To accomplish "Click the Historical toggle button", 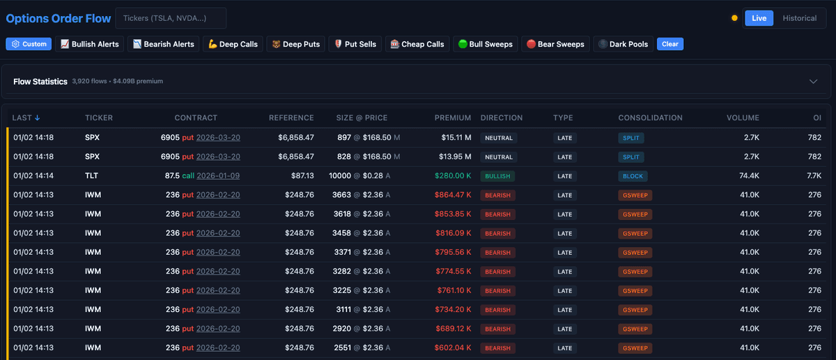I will click(799, 18).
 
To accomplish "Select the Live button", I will click(759, 18).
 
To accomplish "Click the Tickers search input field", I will click(170, 18).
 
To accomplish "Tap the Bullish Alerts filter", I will click(89, 44).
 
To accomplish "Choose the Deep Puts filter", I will click(295, 44).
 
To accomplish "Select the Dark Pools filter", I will click(623, 44).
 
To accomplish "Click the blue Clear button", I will click(669, 44).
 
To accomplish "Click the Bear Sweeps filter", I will click(555, 44).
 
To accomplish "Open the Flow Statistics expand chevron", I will click(813, 81).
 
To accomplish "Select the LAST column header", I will click(26, 118).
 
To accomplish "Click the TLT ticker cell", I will click(92, 176).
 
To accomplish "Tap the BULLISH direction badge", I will click(497, 176).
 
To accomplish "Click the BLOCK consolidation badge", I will click(634, 176).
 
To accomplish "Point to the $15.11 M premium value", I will click(456, 138).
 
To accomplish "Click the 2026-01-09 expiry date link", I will click(218, 176).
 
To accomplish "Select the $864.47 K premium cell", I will click(453, 195).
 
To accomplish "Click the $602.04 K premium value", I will click(453, 347).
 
